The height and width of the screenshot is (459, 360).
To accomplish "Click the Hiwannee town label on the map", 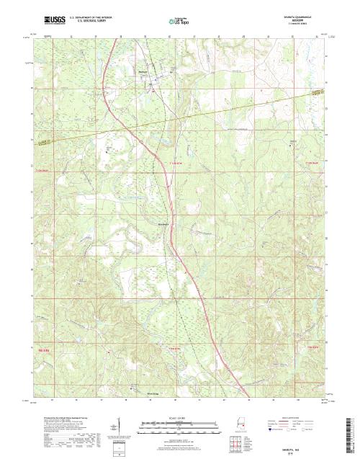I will pos(142,71).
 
